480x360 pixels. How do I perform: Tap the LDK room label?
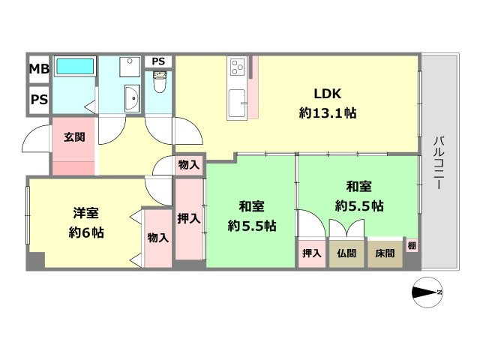click(x=328, y=94)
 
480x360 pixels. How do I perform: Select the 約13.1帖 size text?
click(x=328, y=115)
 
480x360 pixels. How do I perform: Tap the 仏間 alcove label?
click(x=346, y=253)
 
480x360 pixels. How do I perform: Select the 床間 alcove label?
click(x=383, y=253)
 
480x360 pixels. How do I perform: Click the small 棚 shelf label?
click(x=412, y=244)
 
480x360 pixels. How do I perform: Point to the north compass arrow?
click(x=428, y=292)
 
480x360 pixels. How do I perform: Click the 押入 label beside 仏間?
click(x=311, y=253)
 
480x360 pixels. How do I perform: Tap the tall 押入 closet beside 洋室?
click(x=189, y=219)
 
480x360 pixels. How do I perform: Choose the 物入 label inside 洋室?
click(x=157, y=238)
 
